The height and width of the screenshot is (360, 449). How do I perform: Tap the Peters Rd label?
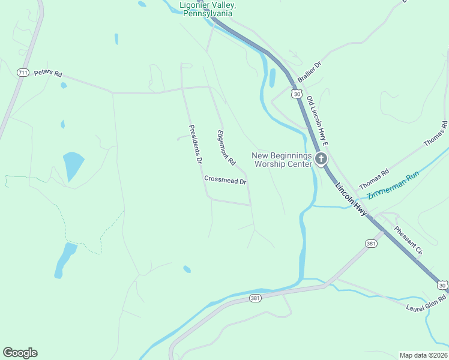(48, 73)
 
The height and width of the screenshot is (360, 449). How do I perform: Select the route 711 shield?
(23, 73)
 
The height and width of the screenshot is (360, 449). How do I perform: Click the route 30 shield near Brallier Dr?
(296, 94)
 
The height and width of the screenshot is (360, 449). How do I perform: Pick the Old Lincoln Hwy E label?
(318, 121)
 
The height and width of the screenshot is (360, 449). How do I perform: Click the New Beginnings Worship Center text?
(282, 159)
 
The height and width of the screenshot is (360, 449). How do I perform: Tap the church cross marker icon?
(321, 160)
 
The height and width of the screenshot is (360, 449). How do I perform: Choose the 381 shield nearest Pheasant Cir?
(370, 243)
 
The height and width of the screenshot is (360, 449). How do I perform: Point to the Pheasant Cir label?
(408, 241)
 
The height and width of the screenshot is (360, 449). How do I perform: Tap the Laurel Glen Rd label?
(426, 303)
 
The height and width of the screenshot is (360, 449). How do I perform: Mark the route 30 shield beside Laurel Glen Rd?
(442, 285)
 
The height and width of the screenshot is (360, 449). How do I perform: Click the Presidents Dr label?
(196, 145)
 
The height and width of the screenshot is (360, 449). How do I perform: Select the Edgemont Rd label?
(226, 148)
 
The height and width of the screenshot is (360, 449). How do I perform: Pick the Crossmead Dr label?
(226, 180)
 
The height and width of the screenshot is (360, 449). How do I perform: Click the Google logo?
(20, 353)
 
